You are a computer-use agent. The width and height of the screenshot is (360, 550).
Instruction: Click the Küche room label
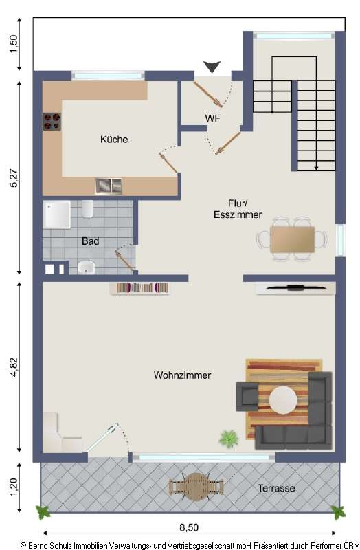pyautogui.click(x=114, y=140)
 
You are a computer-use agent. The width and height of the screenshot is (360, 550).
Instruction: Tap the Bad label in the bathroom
pyautogui.click(x=90, y=241)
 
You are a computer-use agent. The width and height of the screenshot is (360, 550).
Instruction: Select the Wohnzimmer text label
pyautogui.click(x=182, y=375)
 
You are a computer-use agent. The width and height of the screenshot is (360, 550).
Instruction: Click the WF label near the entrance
pyautogui.click(x=213, y=118)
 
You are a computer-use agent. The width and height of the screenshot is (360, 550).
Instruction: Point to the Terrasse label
pyautogui.click(x=276, y=488)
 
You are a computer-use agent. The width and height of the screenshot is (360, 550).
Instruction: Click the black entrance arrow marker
pyautogui.click(x=213, y=67)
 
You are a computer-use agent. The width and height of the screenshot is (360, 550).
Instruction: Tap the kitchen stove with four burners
pyautogui.click(x=52, y=122)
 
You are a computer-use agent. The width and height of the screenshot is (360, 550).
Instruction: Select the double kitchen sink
pyautogui.click(x=108, y=185)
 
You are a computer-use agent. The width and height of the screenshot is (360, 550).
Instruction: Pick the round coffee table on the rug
pyautogui.click(x=283, y=399)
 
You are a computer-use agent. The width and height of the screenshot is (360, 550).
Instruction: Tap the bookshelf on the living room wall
pyautogui.click(x=144, y=288)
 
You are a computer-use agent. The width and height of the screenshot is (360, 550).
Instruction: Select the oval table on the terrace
pyautogui.click(x=197, y=485)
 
